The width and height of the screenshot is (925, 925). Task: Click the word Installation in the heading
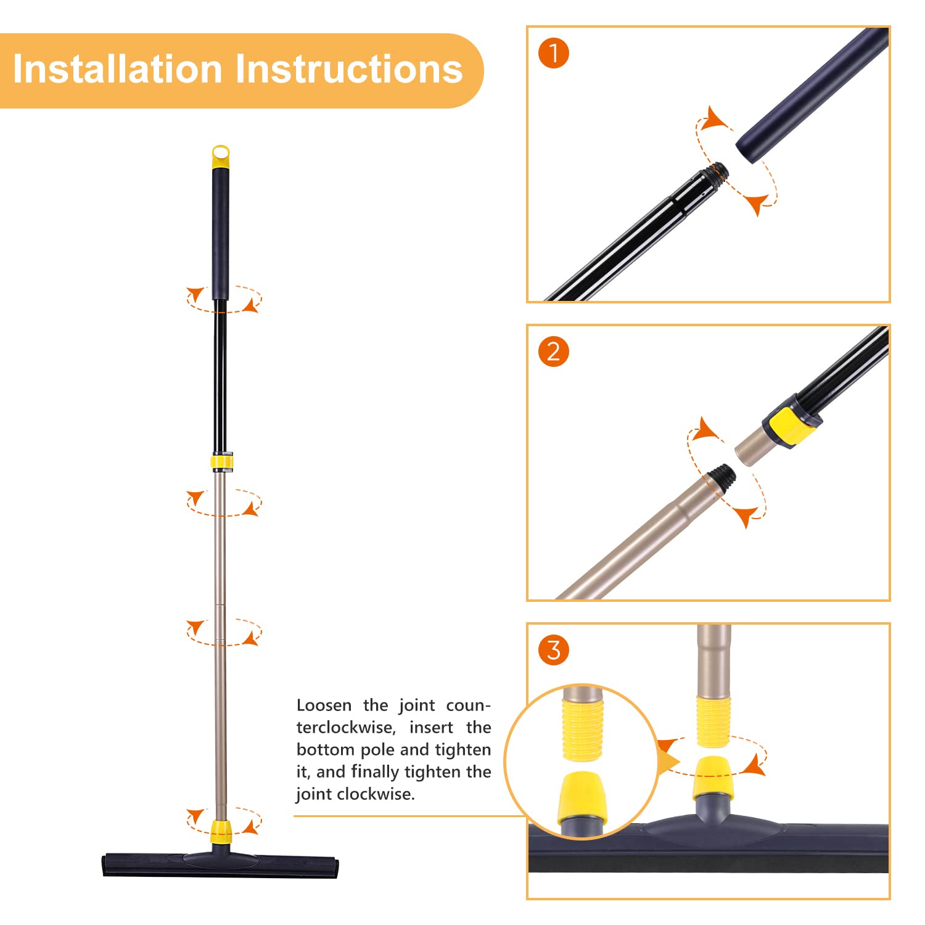(x=117, y=68)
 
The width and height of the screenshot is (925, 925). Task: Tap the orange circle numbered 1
(x=553, y=54)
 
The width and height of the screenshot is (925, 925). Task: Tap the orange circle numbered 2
(x=553, y=351)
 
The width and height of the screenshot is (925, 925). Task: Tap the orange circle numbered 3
(x=553, y=650)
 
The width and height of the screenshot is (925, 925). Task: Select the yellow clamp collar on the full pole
(x=223, y=462)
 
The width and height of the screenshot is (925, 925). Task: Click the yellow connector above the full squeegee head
(x=221, y=831)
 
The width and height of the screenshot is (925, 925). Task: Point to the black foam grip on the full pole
(x=220, y=234)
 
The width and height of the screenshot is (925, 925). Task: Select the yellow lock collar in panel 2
(x=792, y=425)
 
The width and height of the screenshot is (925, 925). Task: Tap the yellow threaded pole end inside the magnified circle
(x=582, y=730)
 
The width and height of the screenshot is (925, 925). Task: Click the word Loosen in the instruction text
(x=324, y=705)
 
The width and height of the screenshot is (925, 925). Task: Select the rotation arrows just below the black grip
(x=224, y=299)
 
